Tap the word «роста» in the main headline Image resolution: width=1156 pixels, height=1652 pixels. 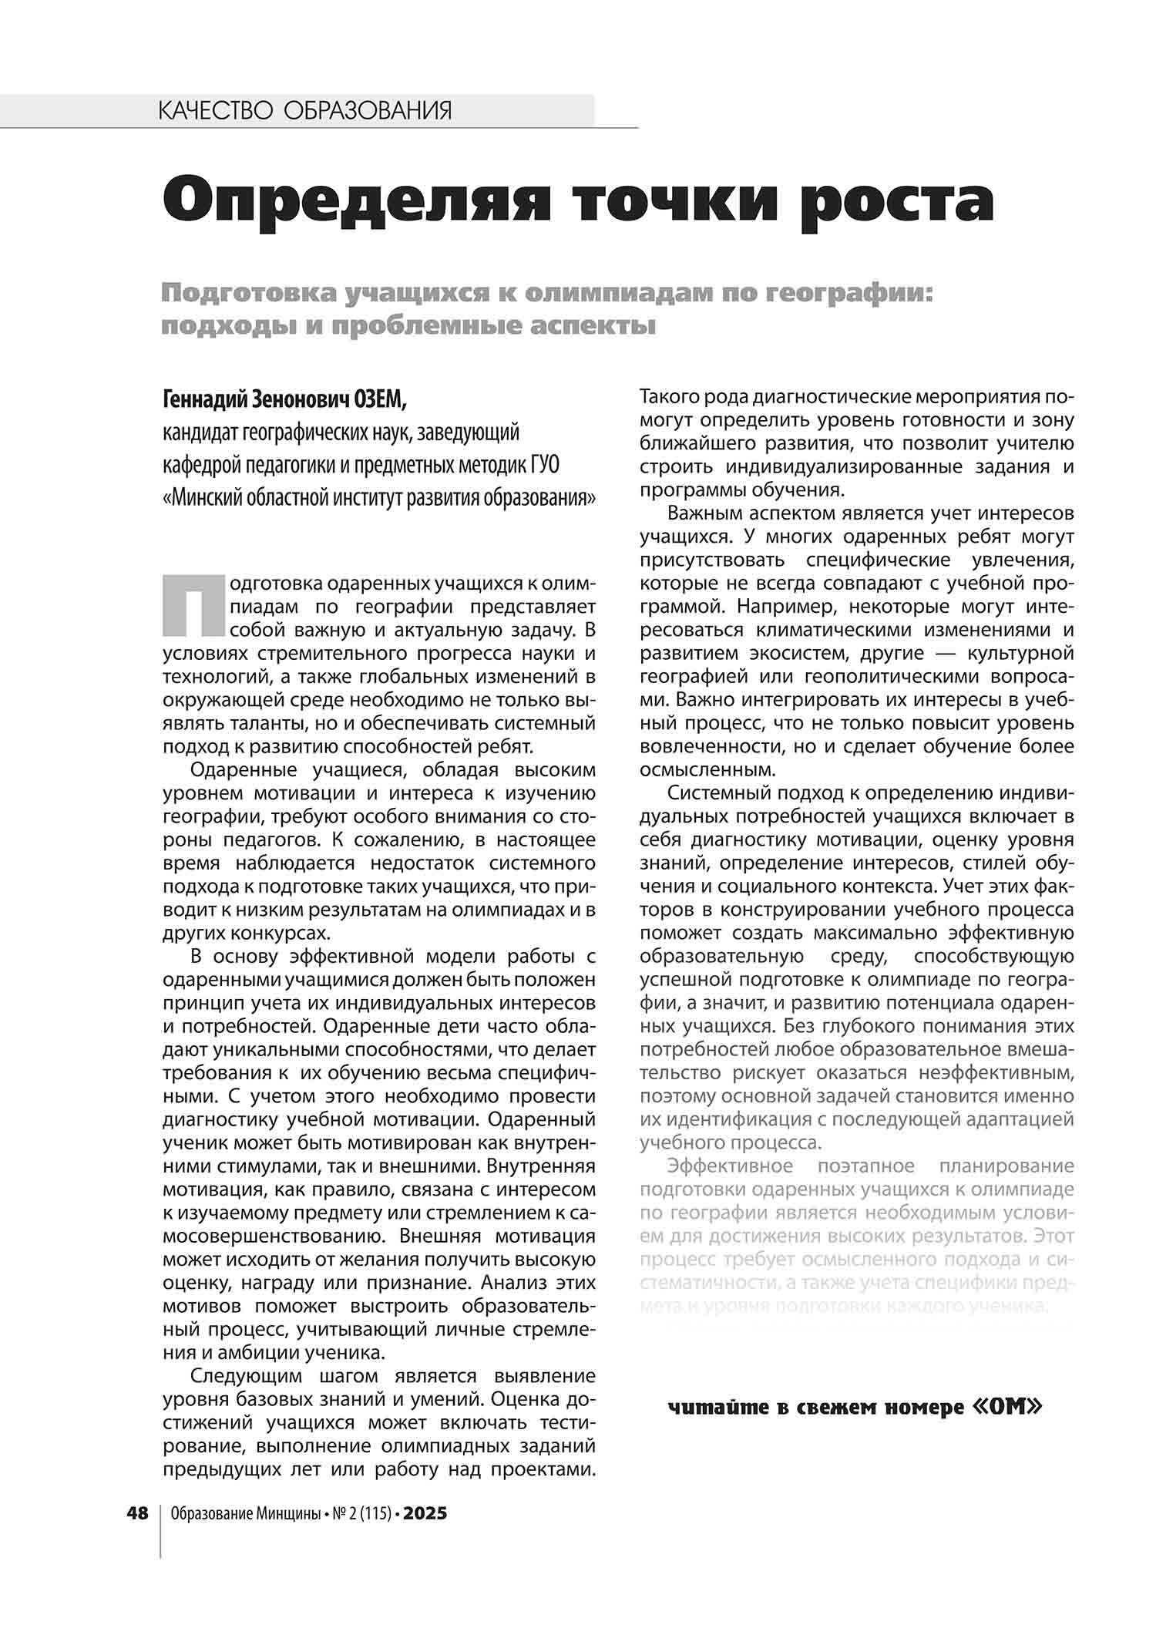pyautogui.click(x=897, y=201)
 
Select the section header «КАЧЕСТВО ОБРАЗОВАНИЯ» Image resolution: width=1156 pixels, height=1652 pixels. pyautogui.click(x=304, y=111)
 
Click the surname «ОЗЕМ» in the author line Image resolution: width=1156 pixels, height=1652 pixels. pyautogui.click(x=378, y=399)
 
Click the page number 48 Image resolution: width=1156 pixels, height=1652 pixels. pyautogui.click(x=137, y=1513)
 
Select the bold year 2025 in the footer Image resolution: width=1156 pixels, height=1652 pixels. pyautogui.click(x=425, y=1513)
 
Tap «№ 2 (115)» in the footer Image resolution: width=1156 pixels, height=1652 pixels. pyautogui.click(x=362, y=1513)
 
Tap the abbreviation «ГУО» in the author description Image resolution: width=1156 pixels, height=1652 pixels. pyautogui.click(x=544, y=466)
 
